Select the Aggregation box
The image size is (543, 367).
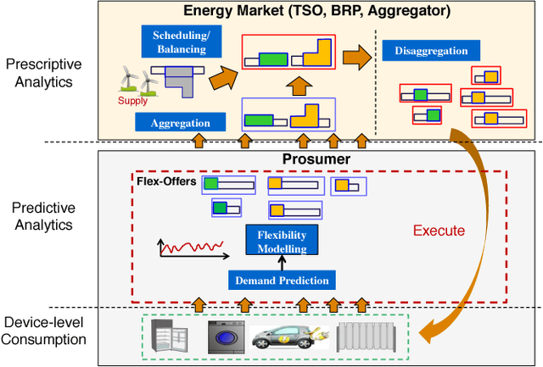point(180,123)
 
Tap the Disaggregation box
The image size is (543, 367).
point(430,51)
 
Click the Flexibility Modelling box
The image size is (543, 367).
point(281,240)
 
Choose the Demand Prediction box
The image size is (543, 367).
point(281,280)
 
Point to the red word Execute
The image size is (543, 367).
point(439,230)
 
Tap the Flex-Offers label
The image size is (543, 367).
point(166,181)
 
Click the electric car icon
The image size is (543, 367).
point(285,336)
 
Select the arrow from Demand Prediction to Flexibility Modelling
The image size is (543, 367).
point(281,262)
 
